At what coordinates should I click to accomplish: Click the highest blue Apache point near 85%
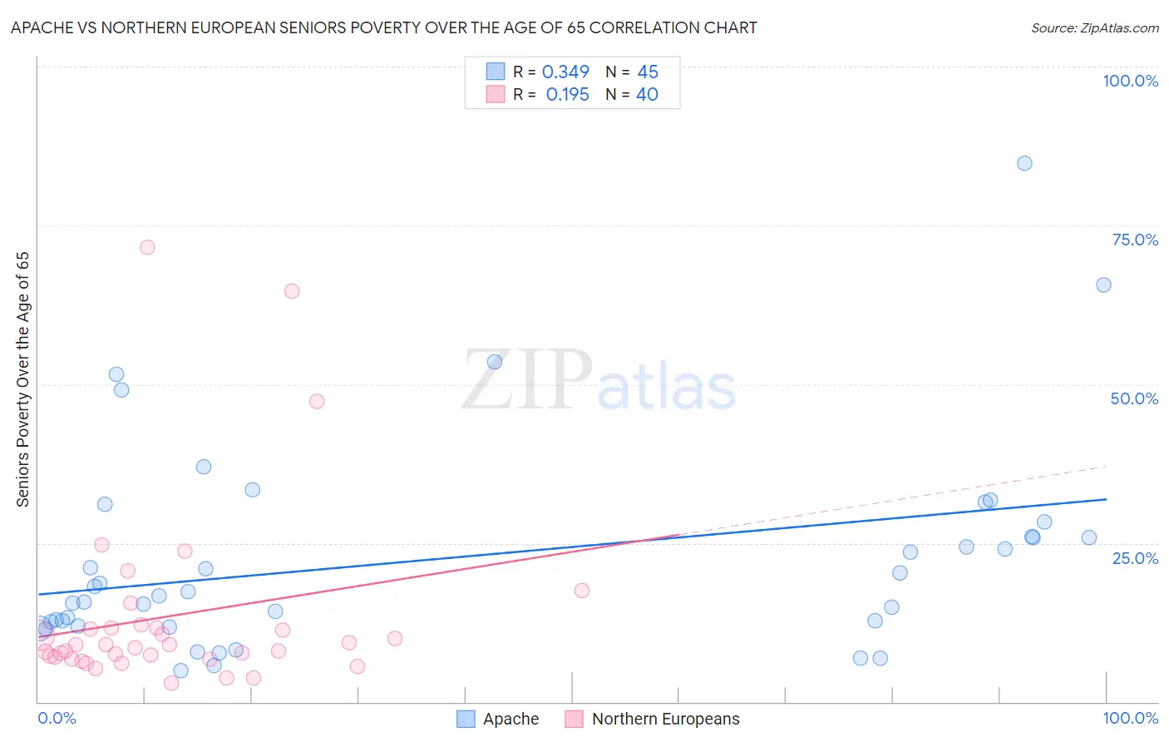click(x=1024, y=163)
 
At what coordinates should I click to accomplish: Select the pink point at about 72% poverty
click(x=147, y=247)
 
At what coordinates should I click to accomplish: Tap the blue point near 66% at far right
click(x=1103, y=284)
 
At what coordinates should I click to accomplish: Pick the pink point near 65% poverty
click(x=292, y=291)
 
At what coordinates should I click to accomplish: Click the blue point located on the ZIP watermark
click(x=495, y=362)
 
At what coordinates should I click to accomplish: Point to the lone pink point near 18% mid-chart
click(x=582, y=591)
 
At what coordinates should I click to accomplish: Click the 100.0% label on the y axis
click(x=1130, y=81)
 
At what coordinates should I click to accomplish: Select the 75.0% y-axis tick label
click(x=1135, y=240)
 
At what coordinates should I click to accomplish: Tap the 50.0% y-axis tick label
click(x=1134, y=398)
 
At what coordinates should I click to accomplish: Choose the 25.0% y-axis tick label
click(x=1135, y=558)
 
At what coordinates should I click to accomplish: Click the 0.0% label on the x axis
click(x=57, y=718)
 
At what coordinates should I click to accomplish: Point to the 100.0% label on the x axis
click(x=1130, y=718)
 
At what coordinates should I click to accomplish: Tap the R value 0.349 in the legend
click(x=565, y=72)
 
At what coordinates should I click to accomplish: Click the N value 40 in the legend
click(x=647, y=95)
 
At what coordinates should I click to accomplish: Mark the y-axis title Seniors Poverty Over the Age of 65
click(x=23, y=378)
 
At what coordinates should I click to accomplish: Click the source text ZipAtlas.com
click(x=1094, y=28)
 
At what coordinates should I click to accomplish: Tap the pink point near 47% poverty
click(x=317, y=401)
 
